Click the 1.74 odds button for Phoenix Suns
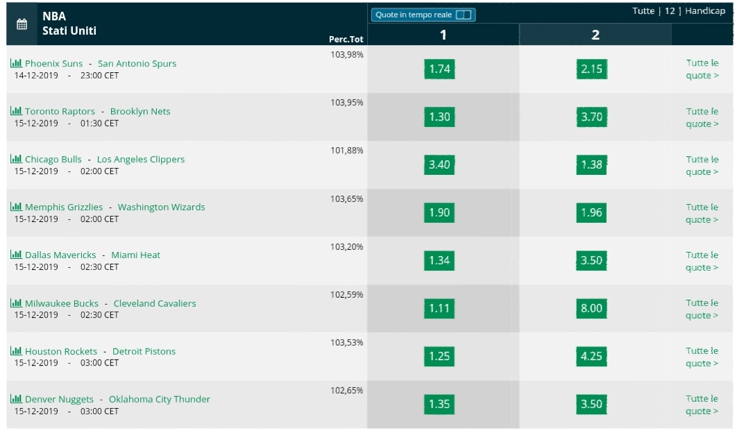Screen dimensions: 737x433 [439, 69]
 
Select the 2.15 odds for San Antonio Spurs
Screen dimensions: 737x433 [591, 69]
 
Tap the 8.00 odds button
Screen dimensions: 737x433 [591, 308]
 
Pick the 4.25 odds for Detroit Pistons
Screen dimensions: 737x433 [591, 357]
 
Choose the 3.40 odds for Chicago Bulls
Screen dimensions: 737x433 [439, 164]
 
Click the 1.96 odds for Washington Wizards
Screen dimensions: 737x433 [591, 212]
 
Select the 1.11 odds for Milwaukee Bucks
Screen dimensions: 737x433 [439, 308]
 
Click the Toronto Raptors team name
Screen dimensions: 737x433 [60, 112]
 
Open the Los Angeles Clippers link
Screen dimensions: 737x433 [141, 160]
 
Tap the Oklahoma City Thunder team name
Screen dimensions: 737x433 [160, 399]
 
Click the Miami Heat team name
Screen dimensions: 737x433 [135, 255]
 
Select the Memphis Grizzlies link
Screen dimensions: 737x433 [63, 207]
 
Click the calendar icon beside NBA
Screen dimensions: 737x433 [22, 24]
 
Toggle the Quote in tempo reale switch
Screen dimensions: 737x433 [464, 15]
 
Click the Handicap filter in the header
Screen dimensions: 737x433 [705, 11]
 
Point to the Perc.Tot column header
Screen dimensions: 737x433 [346, 40]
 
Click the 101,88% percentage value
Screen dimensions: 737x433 [347, 151]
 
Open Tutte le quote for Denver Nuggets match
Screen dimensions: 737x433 [702, 405]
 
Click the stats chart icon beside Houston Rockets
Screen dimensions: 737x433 [16, 350]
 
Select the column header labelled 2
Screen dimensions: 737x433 [595, 35]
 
